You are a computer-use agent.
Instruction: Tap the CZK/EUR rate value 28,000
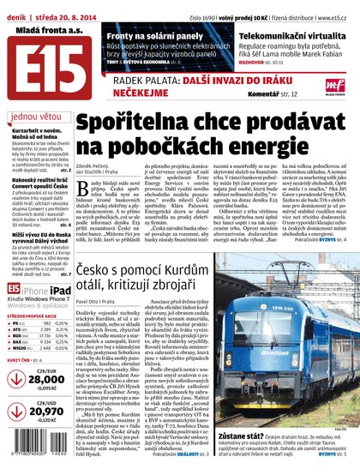pyautogui.click(x=46, y=379)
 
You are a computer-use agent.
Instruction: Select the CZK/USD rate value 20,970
pyautogui.click(x=46, y=412)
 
